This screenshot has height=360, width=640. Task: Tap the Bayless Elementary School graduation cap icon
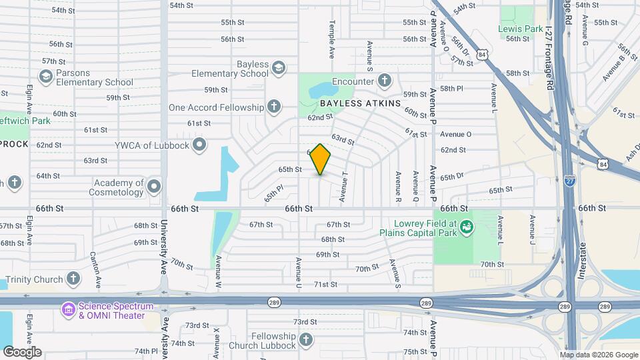click(278, 68)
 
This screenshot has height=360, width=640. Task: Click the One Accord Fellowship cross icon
click(273, 107)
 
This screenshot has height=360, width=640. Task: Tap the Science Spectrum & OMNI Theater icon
click(69, 310)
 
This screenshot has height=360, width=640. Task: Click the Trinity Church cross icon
click(73, 279)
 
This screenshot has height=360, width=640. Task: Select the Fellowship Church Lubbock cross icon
click(305, 341)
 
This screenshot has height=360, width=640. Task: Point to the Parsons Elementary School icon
click(45, 77)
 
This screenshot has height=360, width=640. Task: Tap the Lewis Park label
click(520, 29)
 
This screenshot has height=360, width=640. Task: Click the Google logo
click(22, 352)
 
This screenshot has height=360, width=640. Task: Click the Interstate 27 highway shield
click(569, 181)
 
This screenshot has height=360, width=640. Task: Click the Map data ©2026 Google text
click(599, 355)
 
